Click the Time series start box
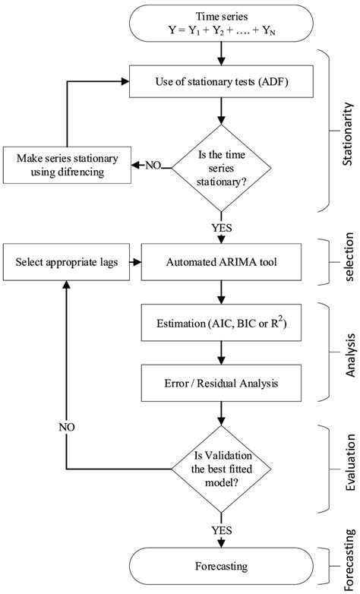click(221, 24)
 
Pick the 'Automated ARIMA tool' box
click(221, 264)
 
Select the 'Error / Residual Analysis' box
click(221, 384)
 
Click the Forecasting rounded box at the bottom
click(221, 565)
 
